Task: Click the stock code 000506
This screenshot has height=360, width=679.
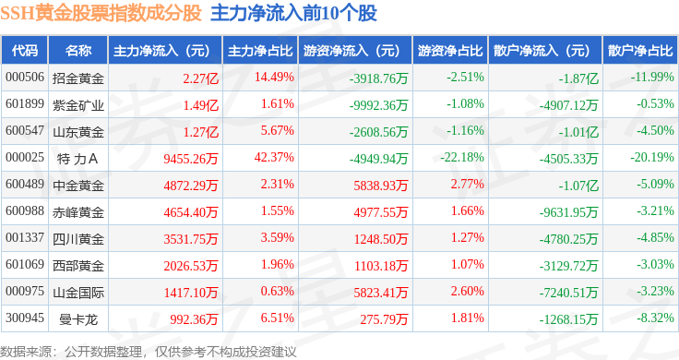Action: tap(25, 78)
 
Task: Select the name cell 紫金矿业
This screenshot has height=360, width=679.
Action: tap(78, 105)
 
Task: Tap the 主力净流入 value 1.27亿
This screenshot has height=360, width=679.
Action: tap(201, 132)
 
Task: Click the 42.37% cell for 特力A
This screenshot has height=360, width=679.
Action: tap(274, 157)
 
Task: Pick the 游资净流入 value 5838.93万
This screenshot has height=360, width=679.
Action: tap(381, 186)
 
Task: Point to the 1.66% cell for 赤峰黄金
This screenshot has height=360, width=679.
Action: tap(468, 211)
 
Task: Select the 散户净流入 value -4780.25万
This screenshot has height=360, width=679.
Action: tap(568, 239)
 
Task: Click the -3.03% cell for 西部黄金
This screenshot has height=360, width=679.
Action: tap(655, 264)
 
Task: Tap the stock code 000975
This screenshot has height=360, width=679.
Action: tap(25, 291)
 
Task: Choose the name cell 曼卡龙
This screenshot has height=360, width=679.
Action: tap(78, 319)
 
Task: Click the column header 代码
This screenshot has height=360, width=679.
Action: tap(25, 51)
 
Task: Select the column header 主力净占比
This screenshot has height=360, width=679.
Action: tap(260, 51)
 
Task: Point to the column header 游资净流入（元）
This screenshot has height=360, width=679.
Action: tap(351, 51)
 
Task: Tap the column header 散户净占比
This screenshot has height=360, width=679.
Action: tap(640, 51)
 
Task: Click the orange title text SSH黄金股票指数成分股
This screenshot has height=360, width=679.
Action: tap(101, 13)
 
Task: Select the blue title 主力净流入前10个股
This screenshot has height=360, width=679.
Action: tap(293, 13)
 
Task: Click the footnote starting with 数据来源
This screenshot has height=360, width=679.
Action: tap(149, 352)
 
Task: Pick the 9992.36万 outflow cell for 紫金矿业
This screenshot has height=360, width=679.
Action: tap(379, 105)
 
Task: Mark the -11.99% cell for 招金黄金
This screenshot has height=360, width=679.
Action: tap(652, 78)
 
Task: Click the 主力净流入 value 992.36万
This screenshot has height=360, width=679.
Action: tap(194, 319)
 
